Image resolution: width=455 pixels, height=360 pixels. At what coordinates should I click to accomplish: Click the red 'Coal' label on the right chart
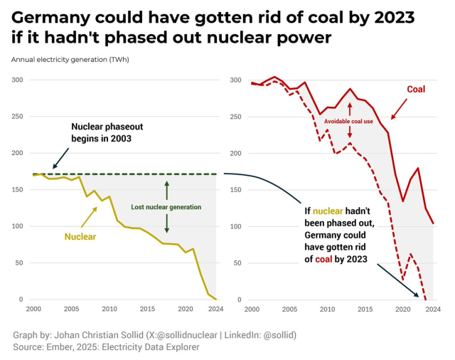tap(416, 90)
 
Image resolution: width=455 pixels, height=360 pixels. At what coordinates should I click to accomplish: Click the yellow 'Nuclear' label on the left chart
tap(80, 237)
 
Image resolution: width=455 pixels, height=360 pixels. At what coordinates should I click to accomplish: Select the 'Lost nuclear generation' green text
tap(166, 207)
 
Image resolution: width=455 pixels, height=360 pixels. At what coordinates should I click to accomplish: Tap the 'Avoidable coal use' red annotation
tap(350, 122)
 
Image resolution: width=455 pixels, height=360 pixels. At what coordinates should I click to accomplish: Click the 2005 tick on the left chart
tap(71, 309)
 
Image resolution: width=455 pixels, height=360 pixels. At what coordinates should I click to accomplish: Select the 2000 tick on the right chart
tap(252, 309)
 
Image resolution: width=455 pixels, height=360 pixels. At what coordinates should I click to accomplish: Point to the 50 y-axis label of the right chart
tap(237, 263)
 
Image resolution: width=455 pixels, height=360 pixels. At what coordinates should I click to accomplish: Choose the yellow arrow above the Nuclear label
tap(90, 216)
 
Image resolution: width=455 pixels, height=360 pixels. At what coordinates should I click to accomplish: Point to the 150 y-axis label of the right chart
tap(235, 189)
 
